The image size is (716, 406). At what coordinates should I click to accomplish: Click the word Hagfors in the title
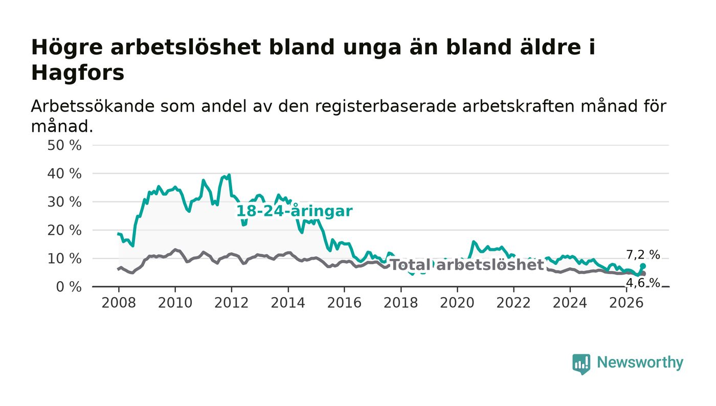coord(78,73)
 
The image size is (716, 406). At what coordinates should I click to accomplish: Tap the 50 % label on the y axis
coord(64,145)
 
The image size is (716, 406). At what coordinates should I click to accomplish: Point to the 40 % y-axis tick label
coord(64,174)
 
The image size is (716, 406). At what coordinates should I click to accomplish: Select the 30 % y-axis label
coord(64,202)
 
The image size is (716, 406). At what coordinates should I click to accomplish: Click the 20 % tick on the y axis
coord(64,231)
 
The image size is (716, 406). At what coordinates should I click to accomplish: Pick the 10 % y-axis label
coord(64,259)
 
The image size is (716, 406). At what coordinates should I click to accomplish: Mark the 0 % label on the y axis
coord(69,287)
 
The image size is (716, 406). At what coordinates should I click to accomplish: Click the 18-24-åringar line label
coord(295,211)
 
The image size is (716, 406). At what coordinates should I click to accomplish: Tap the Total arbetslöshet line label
coord(467,265)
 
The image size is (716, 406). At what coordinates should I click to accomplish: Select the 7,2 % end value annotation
coord(643,255)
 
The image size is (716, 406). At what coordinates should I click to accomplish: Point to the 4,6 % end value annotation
coord(643,283)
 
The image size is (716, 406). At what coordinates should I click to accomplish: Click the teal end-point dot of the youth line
coord(643,266)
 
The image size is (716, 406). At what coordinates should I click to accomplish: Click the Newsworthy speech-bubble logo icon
coord(581,364)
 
